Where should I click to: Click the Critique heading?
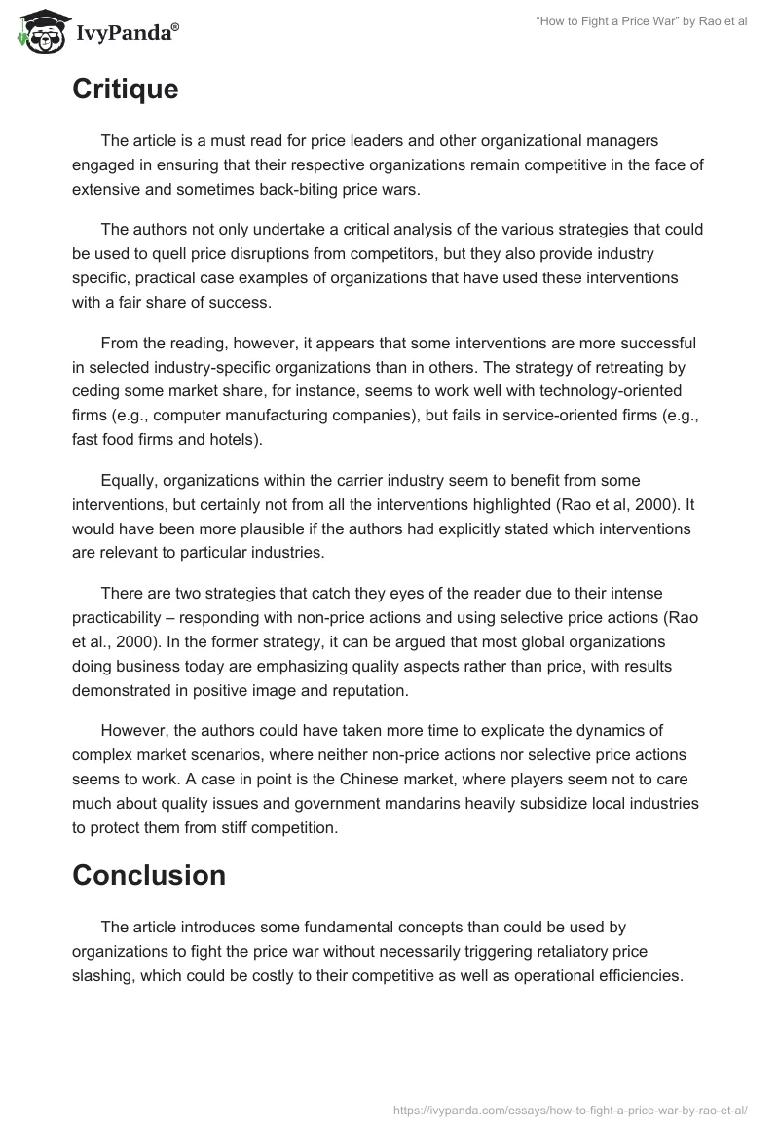(x=125, y=90)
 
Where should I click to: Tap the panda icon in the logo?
(x=38, y=31)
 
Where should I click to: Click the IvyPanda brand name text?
(x=127, y=33)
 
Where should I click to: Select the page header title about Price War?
(x=641, y=21)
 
